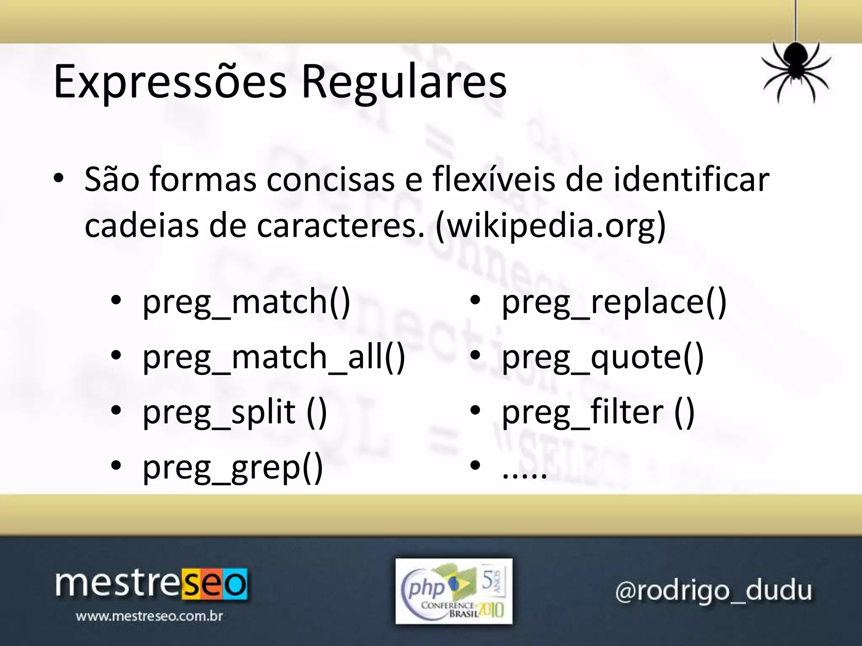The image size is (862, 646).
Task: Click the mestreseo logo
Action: tap(151, 584)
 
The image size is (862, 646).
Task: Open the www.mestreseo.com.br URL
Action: tap(149, 617)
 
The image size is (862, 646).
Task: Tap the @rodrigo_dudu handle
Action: tap(713, 590)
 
